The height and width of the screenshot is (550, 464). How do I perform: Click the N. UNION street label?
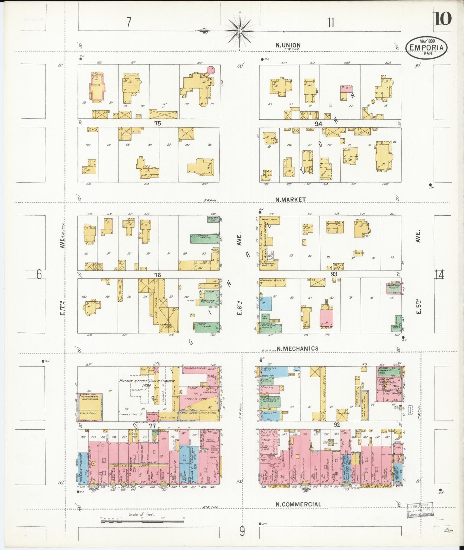[288, 45]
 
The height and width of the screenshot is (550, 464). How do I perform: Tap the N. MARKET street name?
[290, 199]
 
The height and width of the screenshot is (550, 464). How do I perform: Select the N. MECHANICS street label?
[297, 348]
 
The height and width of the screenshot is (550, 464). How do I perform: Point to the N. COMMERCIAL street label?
[298, 504]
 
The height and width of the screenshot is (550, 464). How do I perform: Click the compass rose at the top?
[240, 31]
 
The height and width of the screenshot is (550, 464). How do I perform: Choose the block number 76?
[157, 275]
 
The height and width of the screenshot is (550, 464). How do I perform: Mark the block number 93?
[334, 274]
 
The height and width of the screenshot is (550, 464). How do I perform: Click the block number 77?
[152, 426]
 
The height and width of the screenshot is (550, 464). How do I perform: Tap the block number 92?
[337, 425]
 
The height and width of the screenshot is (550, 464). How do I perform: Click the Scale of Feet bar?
[142, 521]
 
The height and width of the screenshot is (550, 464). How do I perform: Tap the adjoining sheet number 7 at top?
[129, 22]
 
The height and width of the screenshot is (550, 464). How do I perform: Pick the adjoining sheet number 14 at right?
[439, 275]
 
